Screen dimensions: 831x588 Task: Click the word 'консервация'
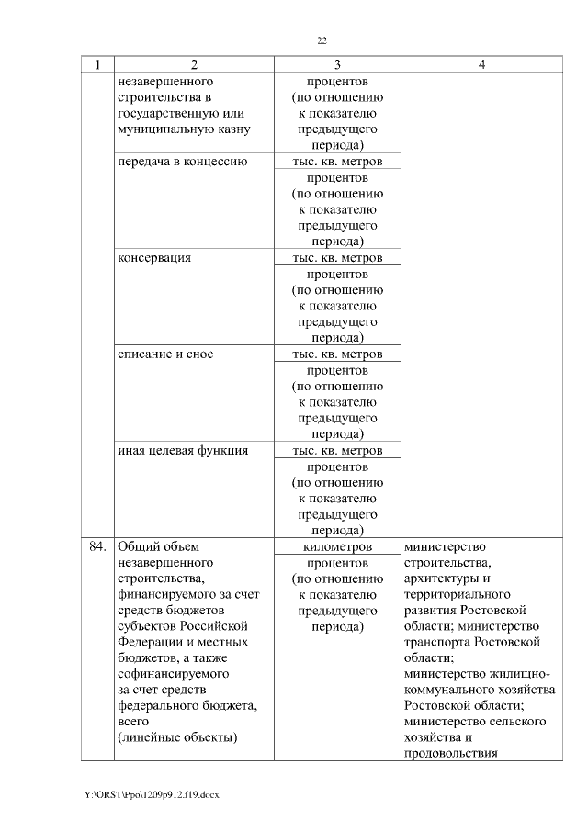tap(154, 258)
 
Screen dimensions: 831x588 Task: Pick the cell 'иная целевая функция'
tap(183, 451)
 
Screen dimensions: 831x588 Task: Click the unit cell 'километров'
tap(337, 546)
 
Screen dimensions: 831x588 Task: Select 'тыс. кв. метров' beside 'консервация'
tap(337, 258)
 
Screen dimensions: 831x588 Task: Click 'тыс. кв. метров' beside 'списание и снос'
tap(337, 354)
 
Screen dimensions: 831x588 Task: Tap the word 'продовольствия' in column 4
tap(451, 754)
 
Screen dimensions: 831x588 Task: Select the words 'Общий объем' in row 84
tap(153, 546)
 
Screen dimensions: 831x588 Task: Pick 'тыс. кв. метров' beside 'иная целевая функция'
tap(337, 451)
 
